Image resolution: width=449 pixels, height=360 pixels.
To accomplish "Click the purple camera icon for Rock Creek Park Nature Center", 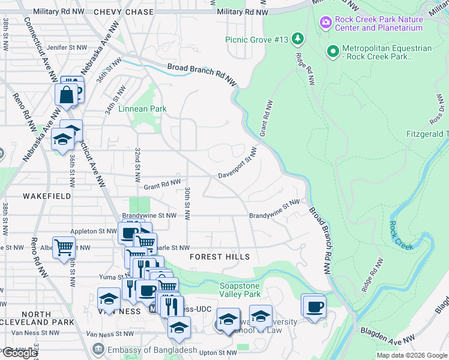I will pyautogui.click(x=326, y=23).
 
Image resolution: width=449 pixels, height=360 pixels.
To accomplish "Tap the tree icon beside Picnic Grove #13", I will pyautogui.click(x=298, y=40).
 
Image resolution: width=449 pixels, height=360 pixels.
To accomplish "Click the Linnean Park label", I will pyautogui.click(x=142, y=109).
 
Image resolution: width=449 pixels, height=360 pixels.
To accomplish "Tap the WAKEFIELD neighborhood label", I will pyautogui.click(x=47, y=196).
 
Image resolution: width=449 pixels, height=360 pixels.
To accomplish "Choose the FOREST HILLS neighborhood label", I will pyautogui.click(x=220, y=257).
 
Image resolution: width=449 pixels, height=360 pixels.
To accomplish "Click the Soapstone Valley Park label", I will pyautogui.click(x=240, y=290).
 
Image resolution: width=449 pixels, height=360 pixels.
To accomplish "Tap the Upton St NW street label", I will pyautogui.click(x=220, y=352).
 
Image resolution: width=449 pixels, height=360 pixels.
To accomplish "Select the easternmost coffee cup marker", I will pyautogui.click(x=314, y=308).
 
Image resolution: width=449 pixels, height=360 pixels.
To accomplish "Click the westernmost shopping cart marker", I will pyautogui.click(x=64, y=247).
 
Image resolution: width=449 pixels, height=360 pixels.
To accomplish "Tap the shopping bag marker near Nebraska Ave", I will pyautogui.click(x=65, y=95).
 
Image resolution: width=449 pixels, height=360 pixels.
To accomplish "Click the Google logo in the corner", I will pyautogui.click(x=20, y=353).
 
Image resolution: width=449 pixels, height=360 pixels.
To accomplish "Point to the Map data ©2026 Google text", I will pyautogui.click(x=411, y=355).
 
